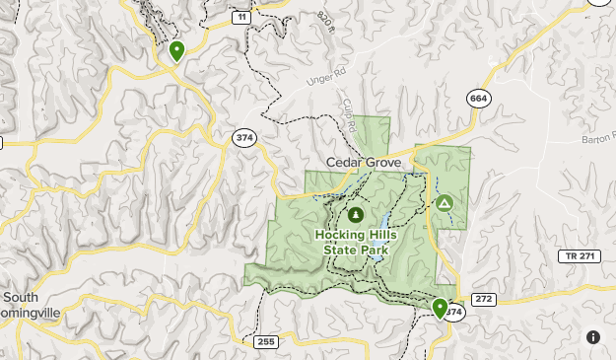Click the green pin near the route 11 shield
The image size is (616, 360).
click(x=176, y=50)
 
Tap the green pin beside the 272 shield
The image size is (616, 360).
click(x=440, y=309)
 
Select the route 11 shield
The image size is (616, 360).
click(x=241, y=18)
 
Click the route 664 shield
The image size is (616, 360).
click(x=479, y=98)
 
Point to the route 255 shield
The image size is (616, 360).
click(x=265, y=342)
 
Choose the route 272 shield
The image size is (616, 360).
click(x=482, y=298)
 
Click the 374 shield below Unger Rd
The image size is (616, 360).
click(x=244, y=138)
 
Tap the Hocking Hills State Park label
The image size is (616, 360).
click(x=355, y=242)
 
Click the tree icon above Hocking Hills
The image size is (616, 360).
click(x=355, y=214)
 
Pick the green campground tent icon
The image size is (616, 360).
click(x=444, y=204)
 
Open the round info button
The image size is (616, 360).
click(x=592, y=336)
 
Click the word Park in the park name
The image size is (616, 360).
click(x=372, y=250)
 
